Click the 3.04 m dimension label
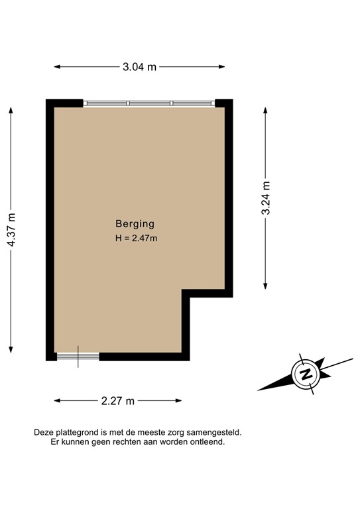(x=139, y=66)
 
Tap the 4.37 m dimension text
(x=11, y=230)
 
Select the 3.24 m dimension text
(x=266, y=198)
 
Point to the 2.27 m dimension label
(x=118, y=400)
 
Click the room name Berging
(x=135, y=224)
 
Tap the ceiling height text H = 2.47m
(x=135, y=239)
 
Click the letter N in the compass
(x=306, y=374)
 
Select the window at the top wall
(x=149, y=103)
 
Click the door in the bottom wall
(x=78, y=356)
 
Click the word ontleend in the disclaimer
(x=208, y=441)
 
